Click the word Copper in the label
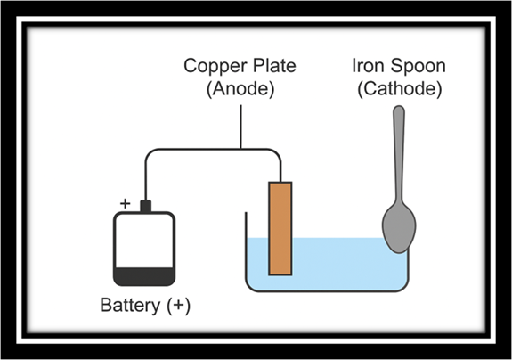(213, 66)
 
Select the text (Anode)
(240, 88)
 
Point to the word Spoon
(418, 66)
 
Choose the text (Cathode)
(400, 88)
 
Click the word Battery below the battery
(130, 306)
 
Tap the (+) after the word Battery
(179, 306)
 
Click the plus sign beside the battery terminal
(125, 203)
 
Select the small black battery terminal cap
(146, 206)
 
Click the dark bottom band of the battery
(144, 277)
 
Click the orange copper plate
(280, 229)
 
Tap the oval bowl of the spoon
(399, 228)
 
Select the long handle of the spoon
(399, 154)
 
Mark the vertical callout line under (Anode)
(241, 127)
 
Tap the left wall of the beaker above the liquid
(246, 225)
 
